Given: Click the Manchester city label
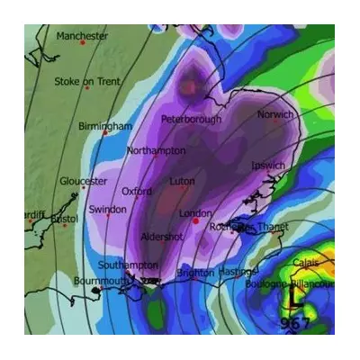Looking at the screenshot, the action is pos(82,36).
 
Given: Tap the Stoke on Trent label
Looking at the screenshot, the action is pos(86,82).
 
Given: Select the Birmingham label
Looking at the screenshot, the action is pos(105,126).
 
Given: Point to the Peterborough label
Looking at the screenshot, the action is pos(191,119).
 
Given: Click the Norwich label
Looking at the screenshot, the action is pos(275,115).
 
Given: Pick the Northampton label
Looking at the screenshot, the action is pos(157,150).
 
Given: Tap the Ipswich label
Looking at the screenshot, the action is pos(269,166).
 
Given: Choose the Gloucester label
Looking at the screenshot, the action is pos(83,181).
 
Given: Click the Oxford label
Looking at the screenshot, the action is pos(137,192).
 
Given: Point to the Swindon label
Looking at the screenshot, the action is pos(107,210).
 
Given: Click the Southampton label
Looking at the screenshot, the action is pos(128,265).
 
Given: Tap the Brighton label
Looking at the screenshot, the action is pos(195,273).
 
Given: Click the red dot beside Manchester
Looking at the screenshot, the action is pos(83,43).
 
